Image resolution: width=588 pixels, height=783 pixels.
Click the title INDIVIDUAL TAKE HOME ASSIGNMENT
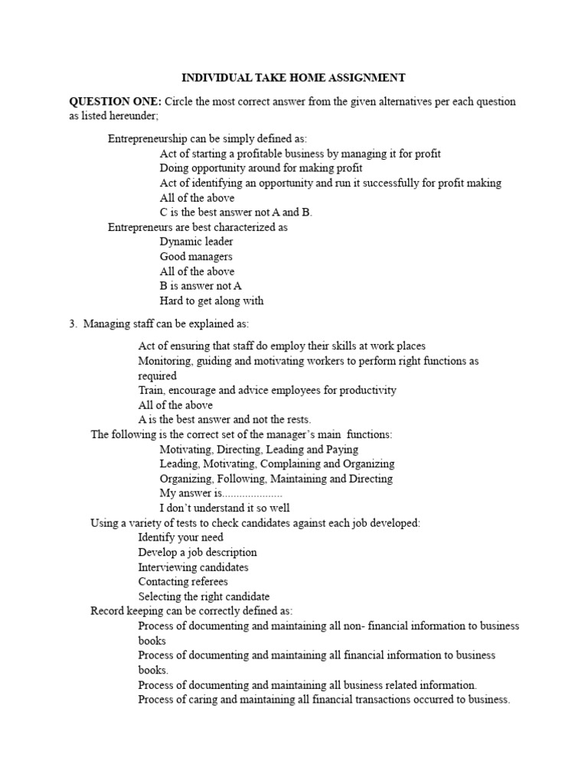293,77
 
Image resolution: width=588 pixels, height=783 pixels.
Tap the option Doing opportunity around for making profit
261,168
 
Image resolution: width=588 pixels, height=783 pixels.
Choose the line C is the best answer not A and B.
236,213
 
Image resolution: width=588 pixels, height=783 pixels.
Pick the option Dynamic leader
197,242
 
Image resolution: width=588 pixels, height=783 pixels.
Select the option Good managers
196,257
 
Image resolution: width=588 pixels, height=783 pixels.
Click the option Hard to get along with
211,301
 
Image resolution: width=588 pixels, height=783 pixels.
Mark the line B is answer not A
201,286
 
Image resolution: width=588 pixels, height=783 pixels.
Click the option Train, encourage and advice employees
267,390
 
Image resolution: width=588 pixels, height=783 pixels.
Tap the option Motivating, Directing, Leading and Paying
259,450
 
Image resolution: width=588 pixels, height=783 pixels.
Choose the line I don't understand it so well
225,508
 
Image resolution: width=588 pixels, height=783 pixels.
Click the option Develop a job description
198,552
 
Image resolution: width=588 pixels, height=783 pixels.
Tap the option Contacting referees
183,582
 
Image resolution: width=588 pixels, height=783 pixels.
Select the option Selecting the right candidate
204,596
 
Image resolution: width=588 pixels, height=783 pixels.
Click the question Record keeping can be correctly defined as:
191,611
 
